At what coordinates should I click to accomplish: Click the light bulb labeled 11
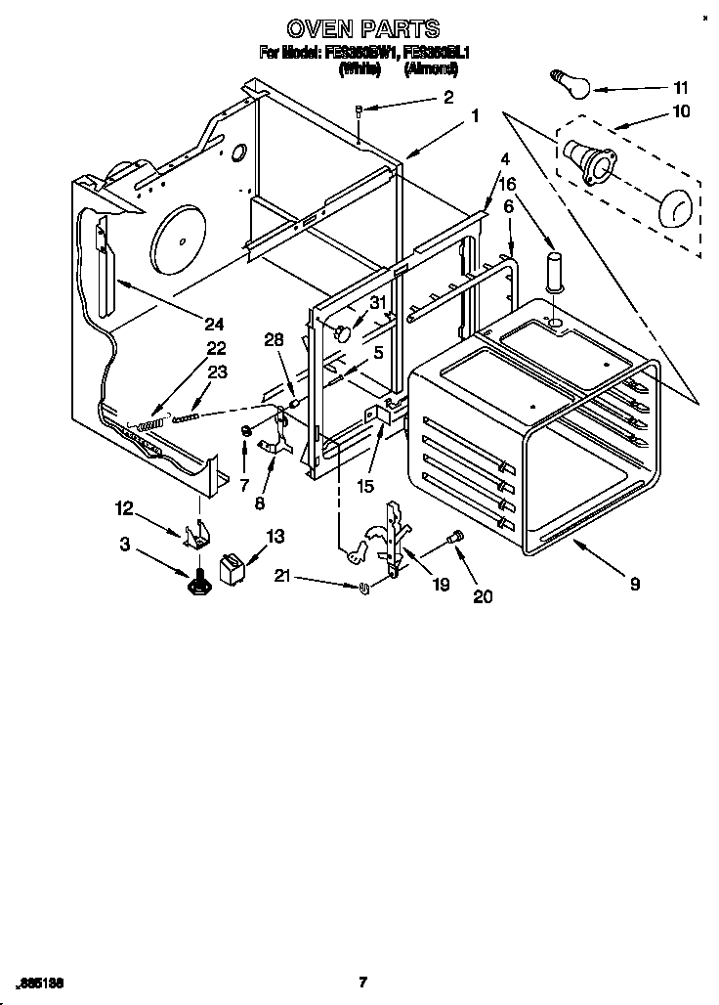tap(572, 85)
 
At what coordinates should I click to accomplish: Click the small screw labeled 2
tap(360, 111)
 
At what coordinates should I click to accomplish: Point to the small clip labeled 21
tap(362, 587)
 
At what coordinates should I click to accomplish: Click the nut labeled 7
tap(247, 430)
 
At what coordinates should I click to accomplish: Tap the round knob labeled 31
tap(342, 334)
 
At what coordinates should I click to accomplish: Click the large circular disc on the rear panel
tap(179, 235)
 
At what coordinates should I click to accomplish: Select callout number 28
tap(275, 339)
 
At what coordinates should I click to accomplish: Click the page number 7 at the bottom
tap(361, 982)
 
